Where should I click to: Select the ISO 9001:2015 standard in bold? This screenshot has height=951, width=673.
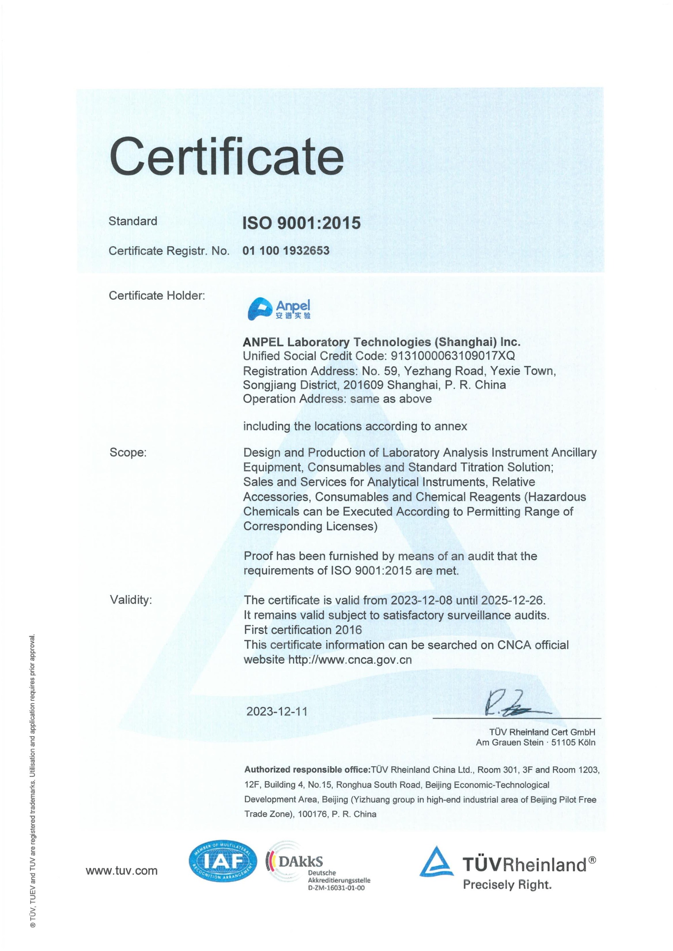(302, 223)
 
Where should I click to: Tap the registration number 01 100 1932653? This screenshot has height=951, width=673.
(286, 251)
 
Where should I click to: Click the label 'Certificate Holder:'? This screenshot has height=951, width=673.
(157, 296)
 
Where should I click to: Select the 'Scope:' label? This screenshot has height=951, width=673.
(128, 452)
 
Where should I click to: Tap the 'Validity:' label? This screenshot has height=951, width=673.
(131, 600)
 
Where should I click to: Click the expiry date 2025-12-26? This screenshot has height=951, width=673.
(512, 600)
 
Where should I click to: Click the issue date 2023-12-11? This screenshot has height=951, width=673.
(277, 712)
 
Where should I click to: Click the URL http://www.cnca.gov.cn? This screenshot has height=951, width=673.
(350, 659)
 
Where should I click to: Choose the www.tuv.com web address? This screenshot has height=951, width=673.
(121, 871)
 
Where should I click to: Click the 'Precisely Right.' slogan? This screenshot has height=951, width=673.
(507, 885)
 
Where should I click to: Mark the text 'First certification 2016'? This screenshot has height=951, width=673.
(303, 630)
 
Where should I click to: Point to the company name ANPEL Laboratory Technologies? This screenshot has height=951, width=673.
(381, 342)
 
